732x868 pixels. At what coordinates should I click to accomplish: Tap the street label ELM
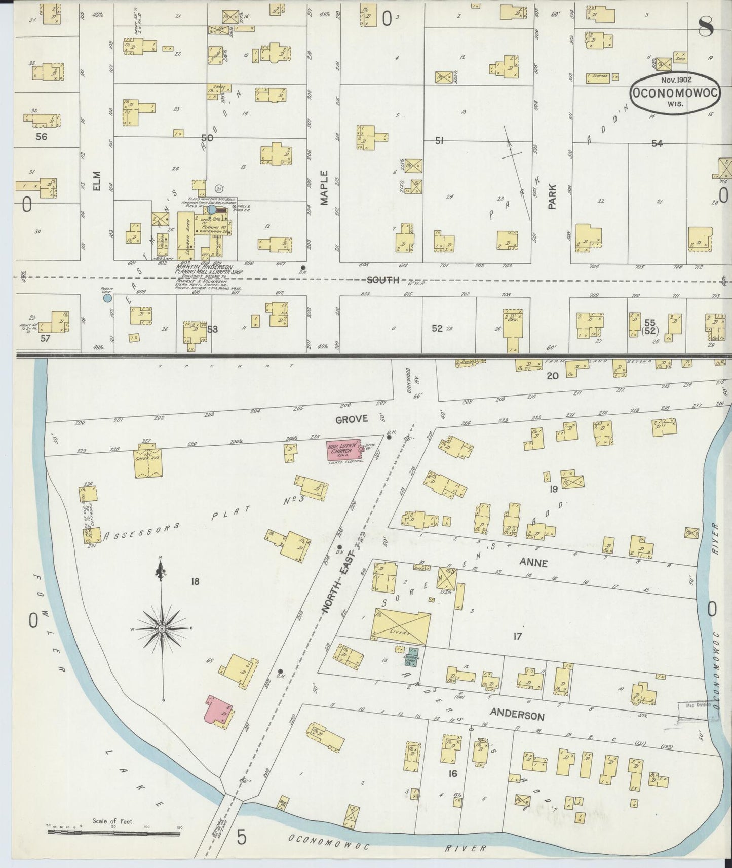pos(97,181)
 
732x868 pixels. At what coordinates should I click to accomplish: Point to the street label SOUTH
pos(383,280)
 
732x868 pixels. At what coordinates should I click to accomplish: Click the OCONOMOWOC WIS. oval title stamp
pos(675,93)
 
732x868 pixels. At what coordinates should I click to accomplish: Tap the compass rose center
pos(162,628)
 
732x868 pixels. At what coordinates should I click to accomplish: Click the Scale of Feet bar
pos(114,831)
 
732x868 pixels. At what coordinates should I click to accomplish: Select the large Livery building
pos(401,626)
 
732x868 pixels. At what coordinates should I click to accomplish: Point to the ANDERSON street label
pos(517,715)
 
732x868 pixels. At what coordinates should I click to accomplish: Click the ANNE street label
pos(533,563)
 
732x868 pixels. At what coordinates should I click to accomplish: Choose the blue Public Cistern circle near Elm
pos(107,298)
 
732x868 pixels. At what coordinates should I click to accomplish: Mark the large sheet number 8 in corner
pos(706,27)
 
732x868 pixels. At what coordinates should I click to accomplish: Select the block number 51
pos(439,141)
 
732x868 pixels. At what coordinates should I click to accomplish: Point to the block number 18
pos(195,581)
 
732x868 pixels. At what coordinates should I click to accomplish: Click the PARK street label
pos(553,196)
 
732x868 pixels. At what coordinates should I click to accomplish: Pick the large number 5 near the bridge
pos(242,838)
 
